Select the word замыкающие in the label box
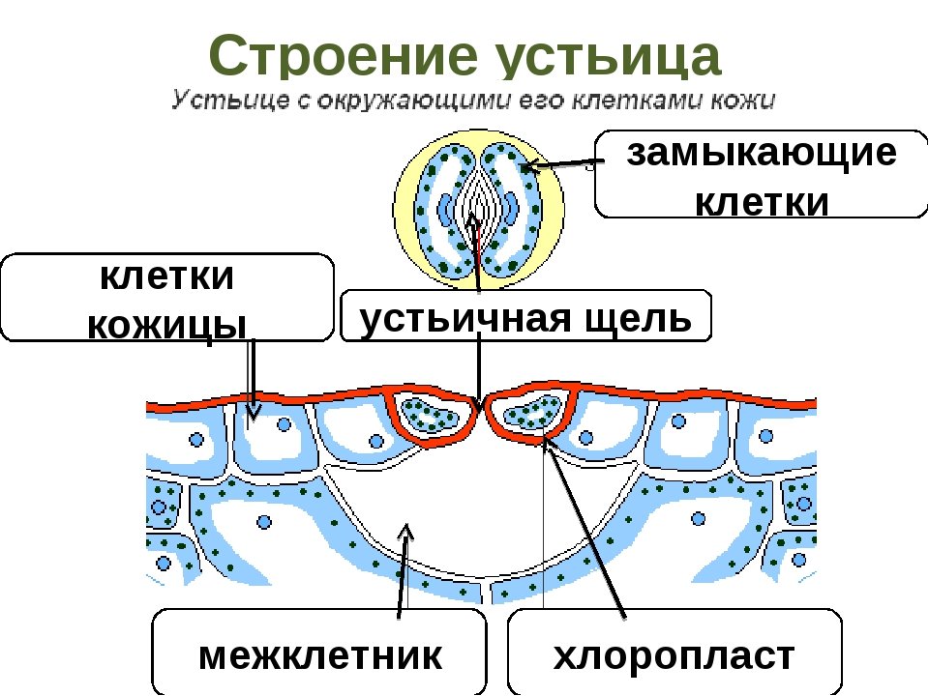(762, 154)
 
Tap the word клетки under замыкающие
(763, 202)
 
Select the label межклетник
(320, 656)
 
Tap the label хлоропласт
(674, 656)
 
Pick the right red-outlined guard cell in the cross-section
(529, 416)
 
